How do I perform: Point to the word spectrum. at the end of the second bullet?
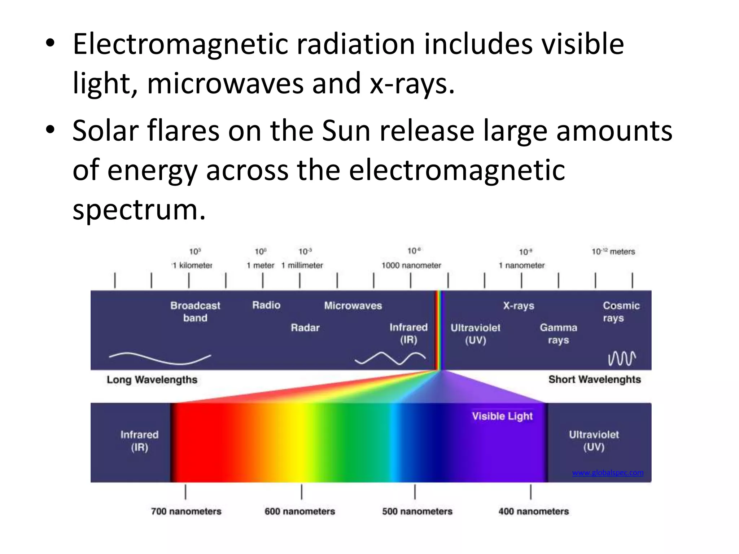pos(139,210)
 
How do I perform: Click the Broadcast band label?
pos(195,312)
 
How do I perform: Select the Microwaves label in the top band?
pos(353,306)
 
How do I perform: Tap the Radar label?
pos(305,328)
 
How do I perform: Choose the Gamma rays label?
pos(558,334)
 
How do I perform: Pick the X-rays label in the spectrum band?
pos(519,306)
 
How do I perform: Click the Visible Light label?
pos(502,416)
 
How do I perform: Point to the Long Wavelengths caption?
pos(152,380)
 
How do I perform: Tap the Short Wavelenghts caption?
pos(594,379)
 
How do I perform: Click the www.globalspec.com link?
pos(608,472)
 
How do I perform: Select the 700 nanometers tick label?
pos(186,511)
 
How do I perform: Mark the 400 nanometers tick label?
pos(533,511)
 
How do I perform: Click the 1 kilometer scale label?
pos(193,265)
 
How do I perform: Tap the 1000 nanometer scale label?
pos(411,265)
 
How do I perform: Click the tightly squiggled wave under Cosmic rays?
pos(622,359)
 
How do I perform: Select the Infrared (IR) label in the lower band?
pos(139,441)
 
